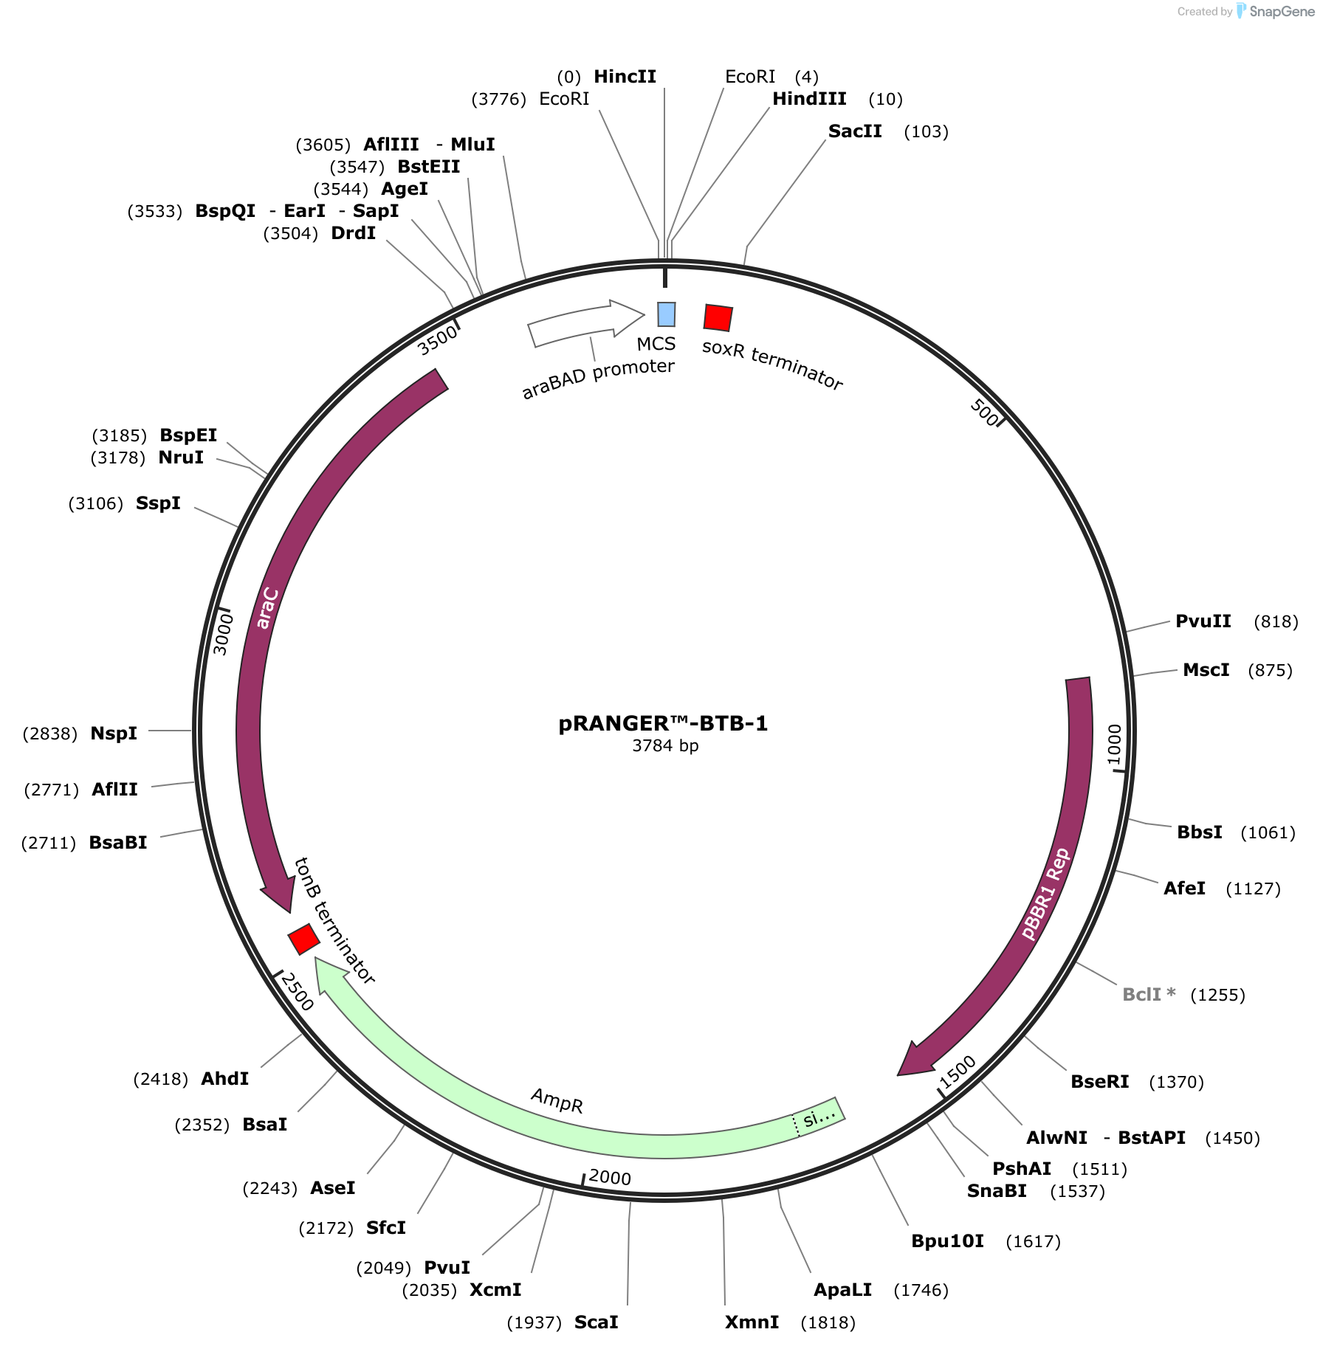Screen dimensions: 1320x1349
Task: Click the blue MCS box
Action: [667, 314]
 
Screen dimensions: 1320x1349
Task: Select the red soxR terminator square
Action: [718, 318]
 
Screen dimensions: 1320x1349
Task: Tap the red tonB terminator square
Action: [303, 939]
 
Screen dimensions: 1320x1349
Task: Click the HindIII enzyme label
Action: [809, 99]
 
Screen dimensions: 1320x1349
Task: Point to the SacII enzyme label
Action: [855, 131]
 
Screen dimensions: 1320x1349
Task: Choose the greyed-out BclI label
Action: [1149, 994]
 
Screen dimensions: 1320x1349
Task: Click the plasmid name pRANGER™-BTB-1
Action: [663, 723]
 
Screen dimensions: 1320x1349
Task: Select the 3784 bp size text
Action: [665, 745]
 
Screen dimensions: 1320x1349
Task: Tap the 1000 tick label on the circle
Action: [1114, 745]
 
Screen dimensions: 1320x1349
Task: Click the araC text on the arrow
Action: [267, 608]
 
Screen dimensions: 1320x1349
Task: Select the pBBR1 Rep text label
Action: [1045, 894]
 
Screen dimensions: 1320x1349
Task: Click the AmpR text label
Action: [557, 1100]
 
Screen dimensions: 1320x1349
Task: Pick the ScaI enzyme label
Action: [597, 1322]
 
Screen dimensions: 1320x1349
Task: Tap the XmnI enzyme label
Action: [752, 1322]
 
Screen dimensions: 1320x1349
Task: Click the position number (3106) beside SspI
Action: [96, 503]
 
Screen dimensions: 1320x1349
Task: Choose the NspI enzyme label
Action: [114, 734]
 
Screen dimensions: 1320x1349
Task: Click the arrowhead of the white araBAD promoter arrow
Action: [628, 318]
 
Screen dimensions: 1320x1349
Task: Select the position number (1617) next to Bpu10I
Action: [1034, 1241]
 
